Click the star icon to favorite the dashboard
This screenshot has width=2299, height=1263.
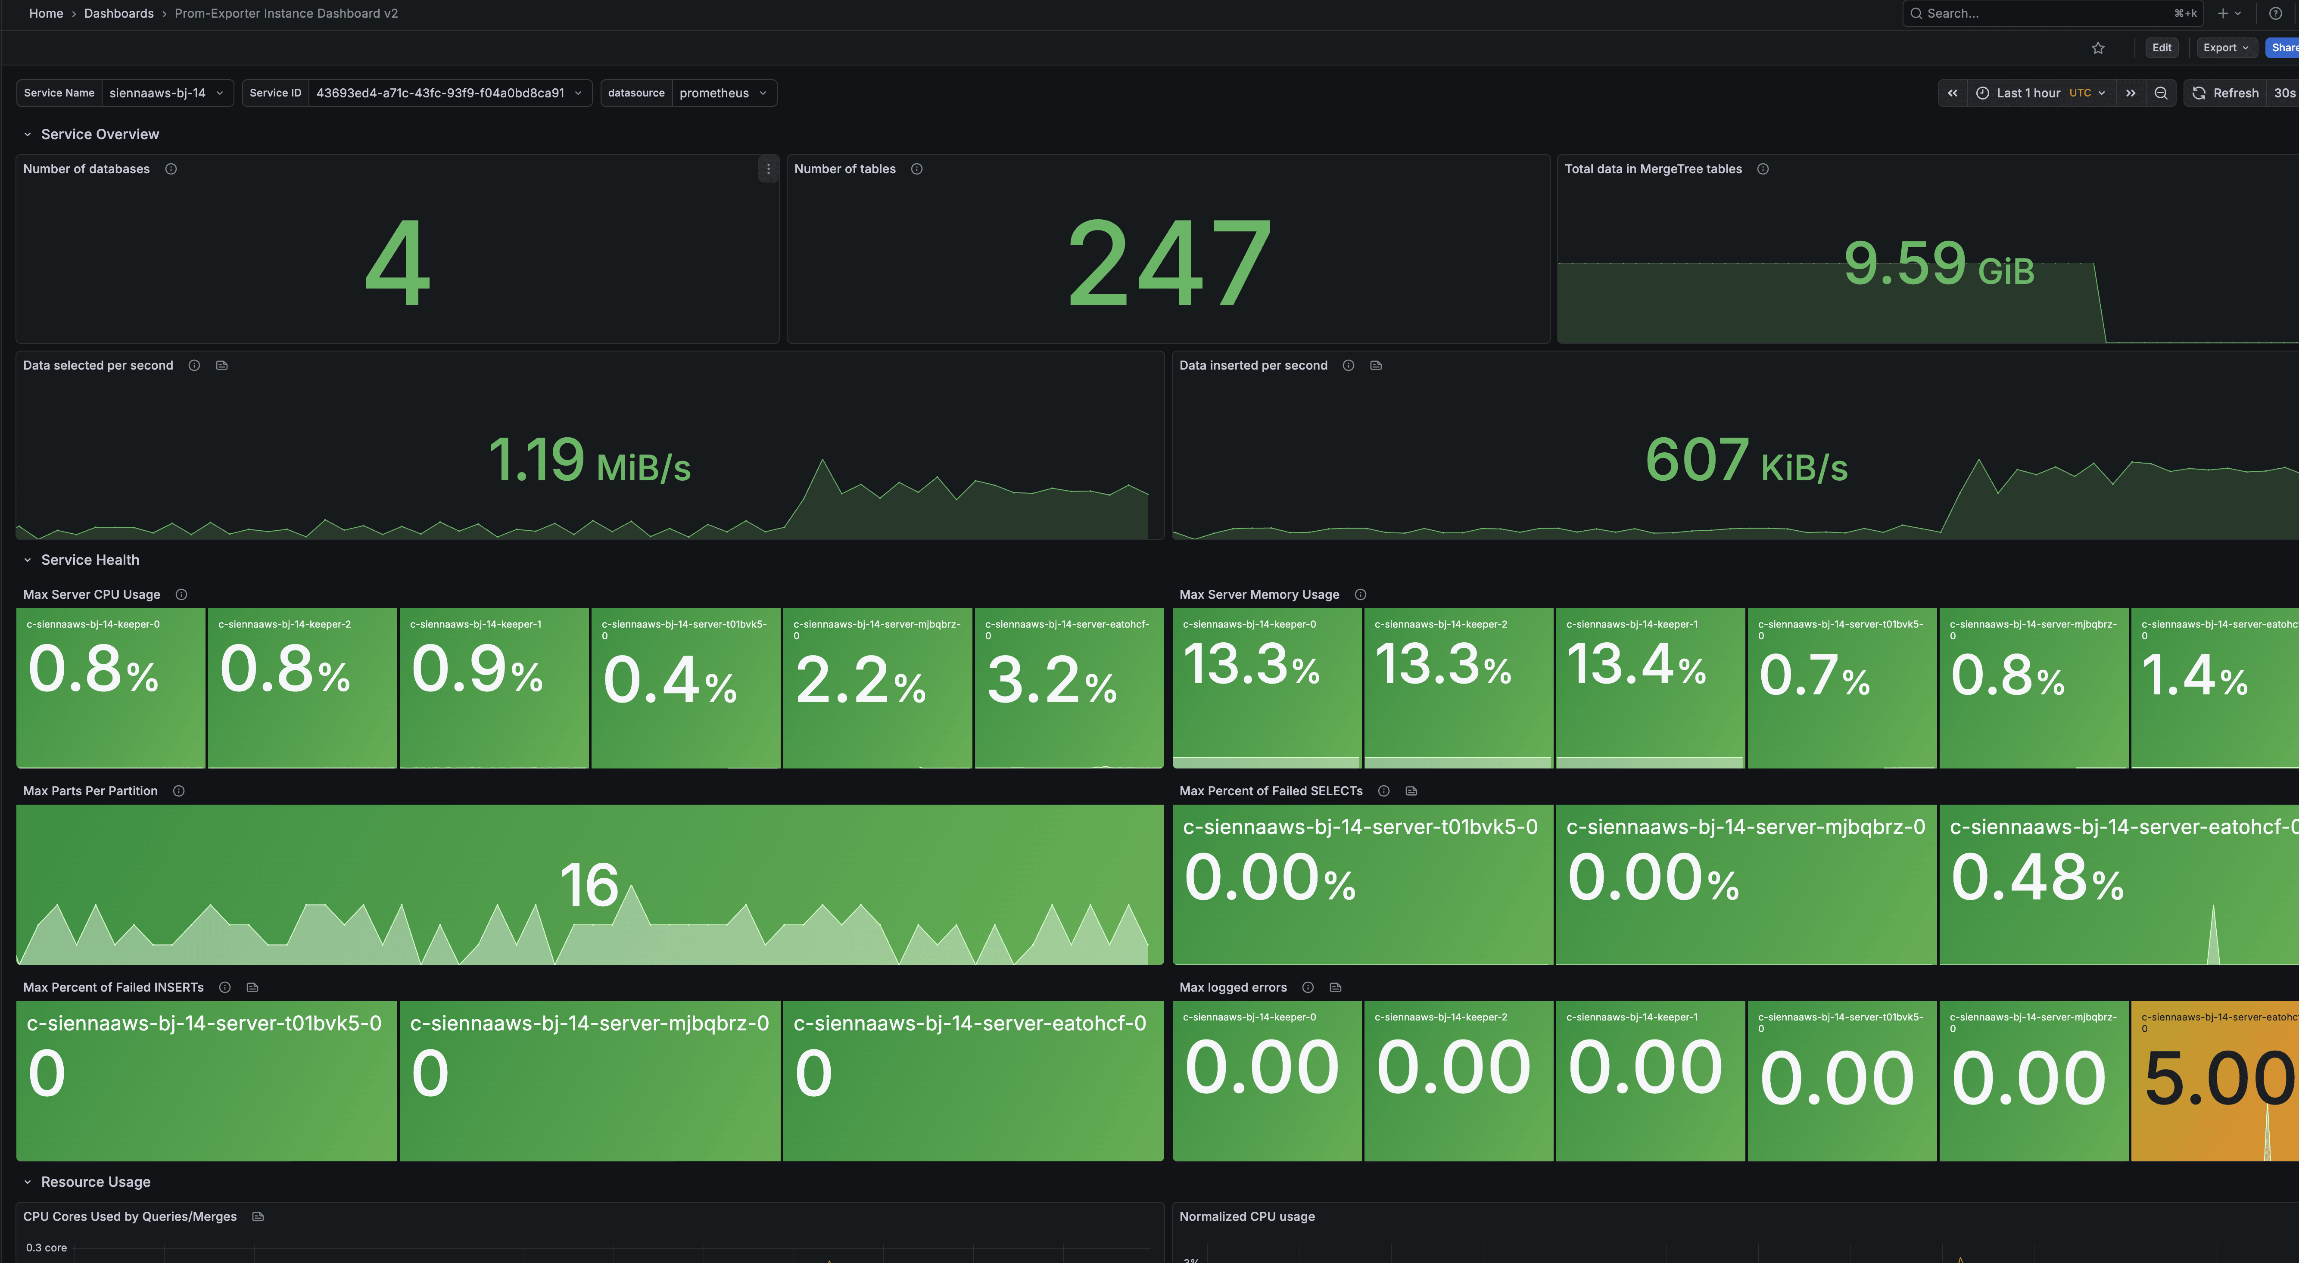2098,48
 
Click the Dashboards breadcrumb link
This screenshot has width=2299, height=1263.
119,13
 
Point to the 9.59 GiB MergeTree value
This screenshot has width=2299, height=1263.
1938,264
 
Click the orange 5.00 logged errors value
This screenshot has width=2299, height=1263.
2219,1078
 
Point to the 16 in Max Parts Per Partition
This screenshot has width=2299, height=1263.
589,886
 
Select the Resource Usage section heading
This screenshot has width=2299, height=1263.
96,1182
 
